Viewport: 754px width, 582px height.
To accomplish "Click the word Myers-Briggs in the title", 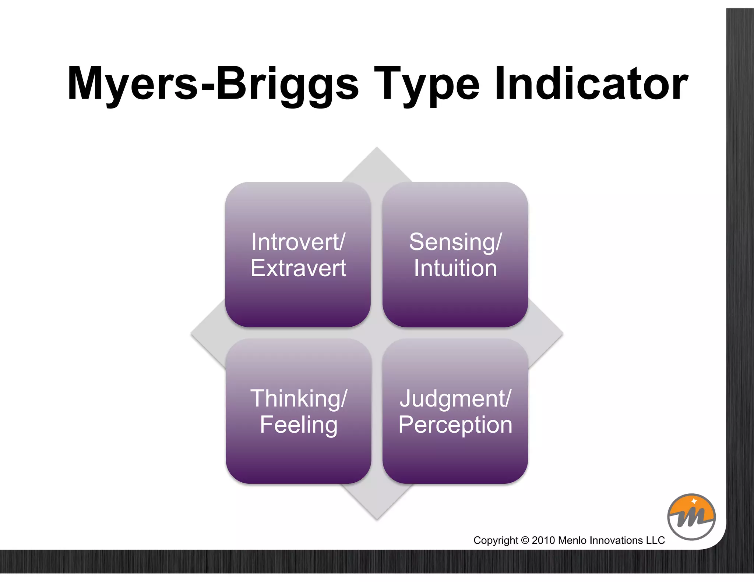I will click(213, 84).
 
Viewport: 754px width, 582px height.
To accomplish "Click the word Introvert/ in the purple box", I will click(298, 242).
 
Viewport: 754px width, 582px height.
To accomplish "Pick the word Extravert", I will click(298, 268).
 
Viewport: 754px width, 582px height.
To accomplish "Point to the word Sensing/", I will click(455, 242).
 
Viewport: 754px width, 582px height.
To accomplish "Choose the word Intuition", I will click(455, 268).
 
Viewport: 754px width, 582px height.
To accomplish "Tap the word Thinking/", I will click(298, 399).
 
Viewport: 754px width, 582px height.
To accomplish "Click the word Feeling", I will click(298, 425).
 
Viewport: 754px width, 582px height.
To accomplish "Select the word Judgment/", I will click(455, 399).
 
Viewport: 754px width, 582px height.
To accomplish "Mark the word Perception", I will click(455, 425).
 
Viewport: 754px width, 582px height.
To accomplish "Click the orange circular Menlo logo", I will click(691, 517).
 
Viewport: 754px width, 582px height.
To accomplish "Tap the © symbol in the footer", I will click(525, 540).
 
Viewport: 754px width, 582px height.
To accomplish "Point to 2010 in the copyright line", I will click(543, 540).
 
